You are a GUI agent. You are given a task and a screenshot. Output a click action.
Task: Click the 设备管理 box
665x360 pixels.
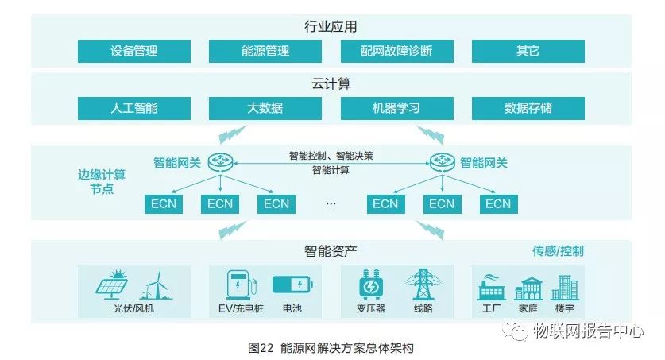pos(134,51)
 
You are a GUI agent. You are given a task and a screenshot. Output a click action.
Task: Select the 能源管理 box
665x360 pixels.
pos(265,51)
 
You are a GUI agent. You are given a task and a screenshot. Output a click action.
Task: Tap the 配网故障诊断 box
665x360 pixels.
pos(396,51)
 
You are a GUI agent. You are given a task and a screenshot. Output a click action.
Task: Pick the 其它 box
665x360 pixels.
pos(528,51)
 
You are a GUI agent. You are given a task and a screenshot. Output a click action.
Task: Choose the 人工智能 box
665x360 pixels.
pos(134,108)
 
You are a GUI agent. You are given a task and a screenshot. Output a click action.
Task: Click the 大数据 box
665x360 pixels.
pos(265,108)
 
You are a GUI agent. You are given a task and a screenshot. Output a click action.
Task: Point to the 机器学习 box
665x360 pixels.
pos(396,108)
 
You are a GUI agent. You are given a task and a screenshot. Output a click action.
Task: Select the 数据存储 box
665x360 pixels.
pos(528,108)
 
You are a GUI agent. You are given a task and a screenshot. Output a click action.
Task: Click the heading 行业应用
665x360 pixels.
pos(331,27)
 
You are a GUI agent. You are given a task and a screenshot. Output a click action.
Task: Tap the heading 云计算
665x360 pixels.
pos(331,83)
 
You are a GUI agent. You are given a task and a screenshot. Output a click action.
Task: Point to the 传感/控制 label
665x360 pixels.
pos(558,251)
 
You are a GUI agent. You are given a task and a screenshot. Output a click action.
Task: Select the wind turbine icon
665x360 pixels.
pos(153,285)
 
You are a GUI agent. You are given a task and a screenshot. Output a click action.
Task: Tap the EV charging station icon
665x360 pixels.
pos(238,285)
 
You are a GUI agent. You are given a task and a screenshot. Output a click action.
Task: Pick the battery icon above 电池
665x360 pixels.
pos(288,285)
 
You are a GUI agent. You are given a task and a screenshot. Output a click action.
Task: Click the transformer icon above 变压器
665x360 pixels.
pos(370,285)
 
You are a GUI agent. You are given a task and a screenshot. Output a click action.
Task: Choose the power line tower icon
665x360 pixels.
pos(422,285)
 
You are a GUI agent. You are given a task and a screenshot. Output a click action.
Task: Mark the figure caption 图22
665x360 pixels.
pos(261,348)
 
